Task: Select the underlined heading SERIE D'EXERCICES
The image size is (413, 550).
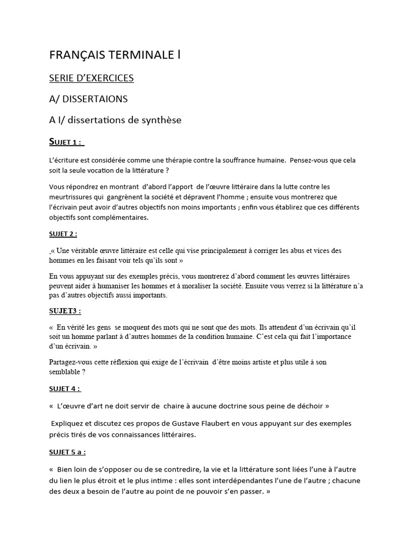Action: pos(91,78)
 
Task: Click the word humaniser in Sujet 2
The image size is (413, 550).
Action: pos(122,286)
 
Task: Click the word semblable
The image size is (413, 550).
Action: pos(67,372)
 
